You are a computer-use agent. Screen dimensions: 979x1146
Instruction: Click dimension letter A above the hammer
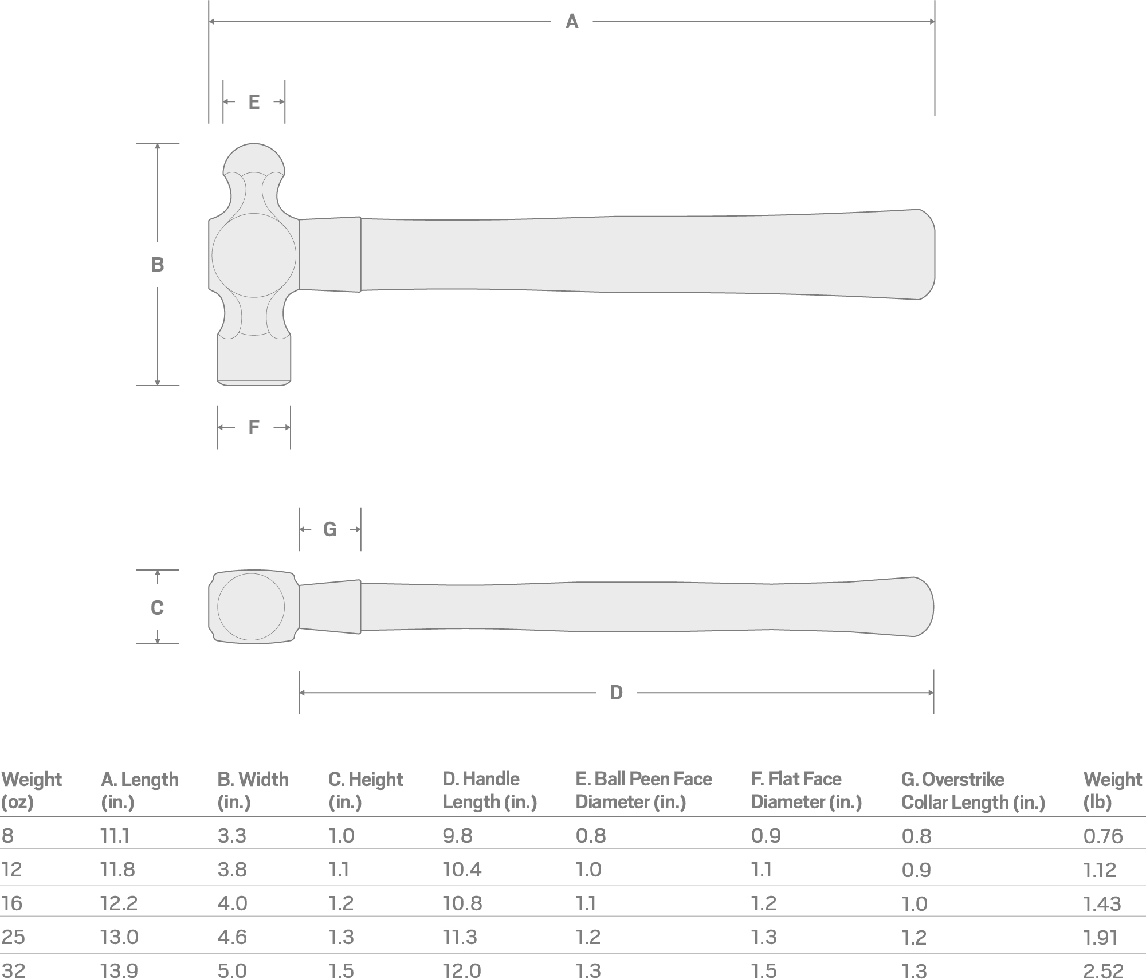572,22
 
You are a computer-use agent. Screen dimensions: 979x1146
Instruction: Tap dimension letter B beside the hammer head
158,265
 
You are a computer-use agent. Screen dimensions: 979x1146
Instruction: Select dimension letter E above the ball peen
254,102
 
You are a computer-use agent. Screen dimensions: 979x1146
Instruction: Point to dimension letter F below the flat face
254,427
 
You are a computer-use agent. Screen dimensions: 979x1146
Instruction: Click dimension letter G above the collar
330,529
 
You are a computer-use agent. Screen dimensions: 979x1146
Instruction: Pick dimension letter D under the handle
616,693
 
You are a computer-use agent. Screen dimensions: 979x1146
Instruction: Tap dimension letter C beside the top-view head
157,607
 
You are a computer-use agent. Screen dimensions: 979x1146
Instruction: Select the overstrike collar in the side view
330,254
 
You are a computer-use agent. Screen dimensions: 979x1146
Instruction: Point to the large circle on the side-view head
254,255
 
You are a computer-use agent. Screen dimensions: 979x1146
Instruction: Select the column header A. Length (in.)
140,790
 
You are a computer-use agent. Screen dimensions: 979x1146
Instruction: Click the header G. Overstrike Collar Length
973,790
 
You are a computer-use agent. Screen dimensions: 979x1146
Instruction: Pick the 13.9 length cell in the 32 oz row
119,970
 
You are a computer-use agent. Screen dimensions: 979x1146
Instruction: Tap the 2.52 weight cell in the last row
1103,971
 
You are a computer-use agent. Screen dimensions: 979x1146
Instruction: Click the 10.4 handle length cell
462,870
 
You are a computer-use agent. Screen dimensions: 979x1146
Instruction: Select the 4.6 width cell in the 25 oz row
232,937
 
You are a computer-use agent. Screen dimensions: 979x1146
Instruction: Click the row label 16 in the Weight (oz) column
11,903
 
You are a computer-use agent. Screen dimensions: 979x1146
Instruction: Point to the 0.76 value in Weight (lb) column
1103,836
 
